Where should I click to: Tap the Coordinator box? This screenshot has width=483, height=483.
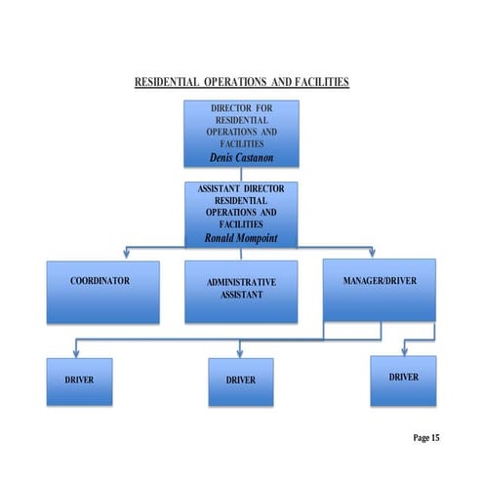[x=100, y=289]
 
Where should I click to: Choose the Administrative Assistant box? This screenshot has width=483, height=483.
[x=241, y=290]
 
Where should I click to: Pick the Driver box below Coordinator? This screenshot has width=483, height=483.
[x=80, y=381]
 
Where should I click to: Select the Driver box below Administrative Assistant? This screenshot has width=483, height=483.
[x=240, y=381]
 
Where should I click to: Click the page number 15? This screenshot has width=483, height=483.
[x=434, y=438]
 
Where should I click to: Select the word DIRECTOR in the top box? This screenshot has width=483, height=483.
[x=230, y=105]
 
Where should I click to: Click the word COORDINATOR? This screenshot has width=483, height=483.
[x=100, y=281]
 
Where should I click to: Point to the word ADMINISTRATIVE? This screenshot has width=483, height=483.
[x=241, y=282]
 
